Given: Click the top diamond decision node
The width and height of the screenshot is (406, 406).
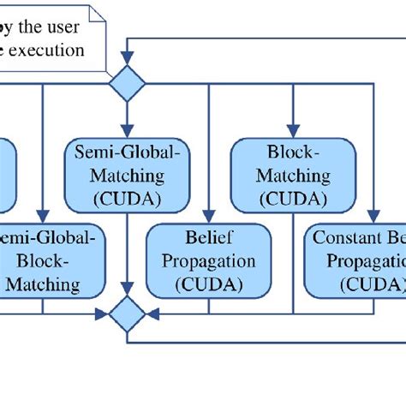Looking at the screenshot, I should (x=127, y=84).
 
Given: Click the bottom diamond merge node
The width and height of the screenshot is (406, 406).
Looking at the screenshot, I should (x=127, y=313).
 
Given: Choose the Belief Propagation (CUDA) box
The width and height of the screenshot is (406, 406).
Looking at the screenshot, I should (x=203, y=260).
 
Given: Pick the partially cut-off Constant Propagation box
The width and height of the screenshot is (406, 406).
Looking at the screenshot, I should (x=355, y=260).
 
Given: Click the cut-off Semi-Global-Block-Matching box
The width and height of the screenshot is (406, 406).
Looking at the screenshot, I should (x=51, y=260).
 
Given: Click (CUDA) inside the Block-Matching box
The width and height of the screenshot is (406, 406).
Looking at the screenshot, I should (x=294, y=199).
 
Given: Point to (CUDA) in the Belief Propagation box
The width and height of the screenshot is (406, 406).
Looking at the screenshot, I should (x=203, y=281).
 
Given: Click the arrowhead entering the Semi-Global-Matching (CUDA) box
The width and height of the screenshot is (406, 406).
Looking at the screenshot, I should (x=127, y=133).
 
